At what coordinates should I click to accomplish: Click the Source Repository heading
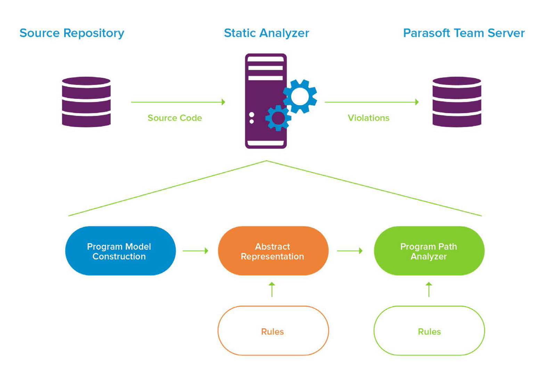72,33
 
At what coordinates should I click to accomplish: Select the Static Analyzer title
266,33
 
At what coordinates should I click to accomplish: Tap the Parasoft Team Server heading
464,33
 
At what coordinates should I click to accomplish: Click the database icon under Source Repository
86,102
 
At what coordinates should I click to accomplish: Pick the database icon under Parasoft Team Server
457,102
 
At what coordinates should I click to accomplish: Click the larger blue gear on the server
300,96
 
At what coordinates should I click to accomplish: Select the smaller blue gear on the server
278,118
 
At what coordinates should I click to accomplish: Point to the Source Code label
174,118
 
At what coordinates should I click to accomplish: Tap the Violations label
368,118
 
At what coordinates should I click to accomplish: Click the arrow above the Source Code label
178,102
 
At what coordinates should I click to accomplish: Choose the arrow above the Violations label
371,102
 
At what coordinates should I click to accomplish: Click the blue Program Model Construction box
120,251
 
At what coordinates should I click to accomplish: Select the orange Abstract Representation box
273,251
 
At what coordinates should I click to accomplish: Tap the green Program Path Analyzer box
429,251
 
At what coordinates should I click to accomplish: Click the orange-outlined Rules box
273,331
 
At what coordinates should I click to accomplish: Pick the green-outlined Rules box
429,331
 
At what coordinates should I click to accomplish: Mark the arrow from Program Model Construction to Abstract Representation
195,251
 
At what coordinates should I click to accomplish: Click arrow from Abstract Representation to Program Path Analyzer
350,251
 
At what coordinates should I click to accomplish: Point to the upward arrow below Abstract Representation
272,289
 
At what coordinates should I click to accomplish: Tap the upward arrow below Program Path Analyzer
429,289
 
